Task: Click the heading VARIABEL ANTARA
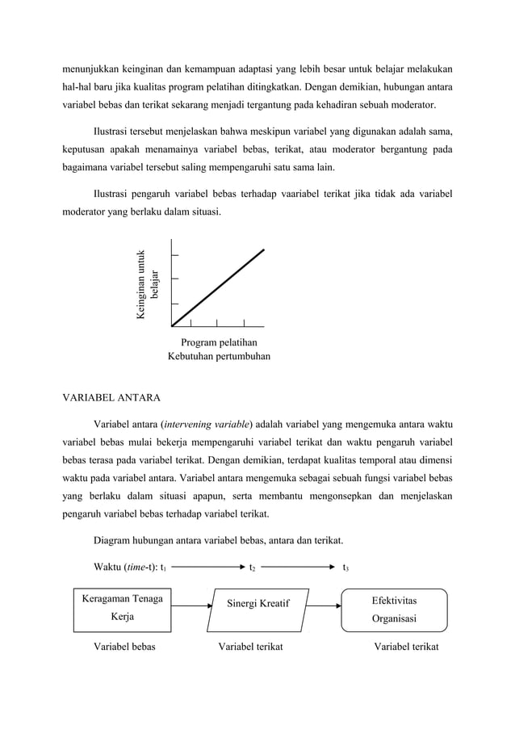[112, 397]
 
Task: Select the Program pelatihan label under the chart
[219, 342]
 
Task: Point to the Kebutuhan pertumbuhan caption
[219, 356]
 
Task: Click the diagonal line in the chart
[219, 287]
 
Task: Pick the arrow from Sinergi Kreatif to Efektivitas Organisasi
[325, 605]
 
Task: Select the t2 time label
[252, 568]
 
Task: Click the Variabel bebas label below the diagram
[125, 647]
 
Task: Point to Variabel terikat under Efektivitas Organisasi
[407, 647]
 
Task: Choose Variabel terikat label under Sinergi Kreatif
[250, 647]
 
